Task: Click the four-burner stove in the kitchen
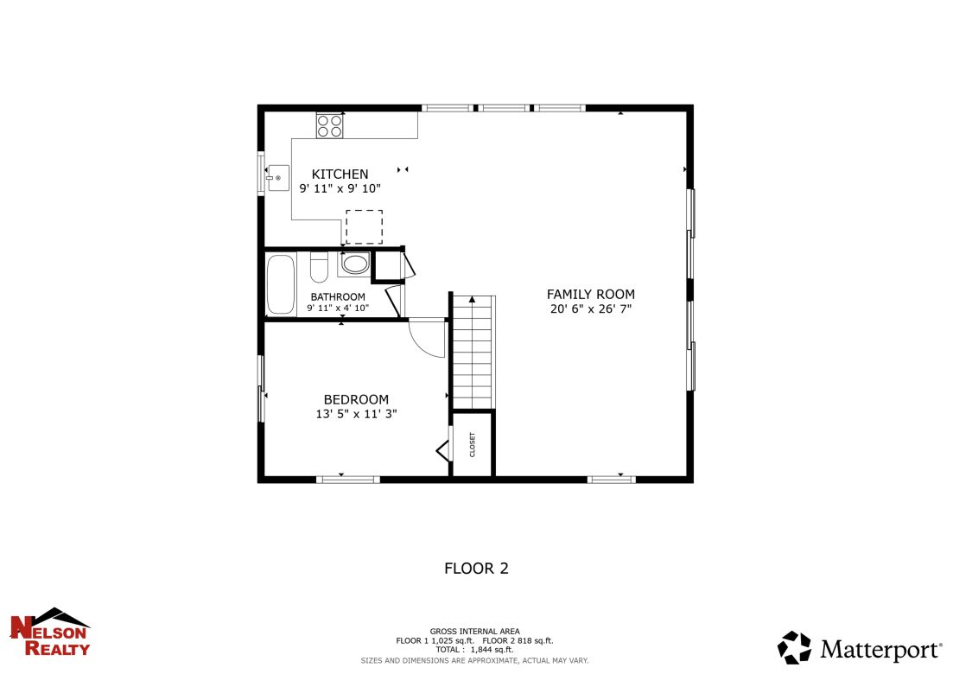click(330, 126)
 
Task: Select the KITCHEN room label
click(340, 174)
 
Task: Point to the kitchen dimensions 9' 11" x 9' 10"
click(340, 188)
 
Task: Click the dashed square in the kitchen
click(364, 226)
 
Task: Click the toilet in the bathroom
click(318, 268)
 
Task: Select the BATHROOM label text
click(338, 296)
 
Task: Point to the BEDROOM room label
click(356, 399)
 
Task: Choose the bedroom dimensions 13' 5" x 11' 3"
click(356, 414)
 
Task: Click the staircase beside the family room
click(473, 350)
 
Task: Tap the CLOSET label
click(473, 444)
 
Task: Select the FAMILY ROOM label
click(591, 294)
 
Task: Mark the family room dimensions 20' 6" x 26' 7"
click(591, 308)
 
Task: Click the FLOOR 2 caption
click(476, 569)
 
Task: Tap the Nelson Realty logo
click(49, 632)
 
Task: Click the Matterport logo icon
click(794, 648)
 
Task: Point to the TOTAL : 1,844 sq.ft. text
click(474, 649)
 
